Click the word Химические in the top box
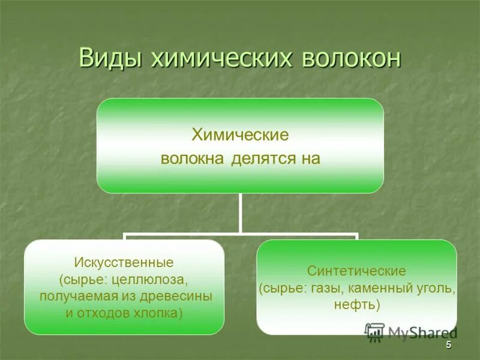pos(240,135)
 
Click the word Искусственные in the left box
pos(124,263)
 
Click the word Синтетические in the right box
pos(357,271)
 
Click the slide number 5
pos(448,347)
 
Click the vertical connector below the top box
pos(240,213)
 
